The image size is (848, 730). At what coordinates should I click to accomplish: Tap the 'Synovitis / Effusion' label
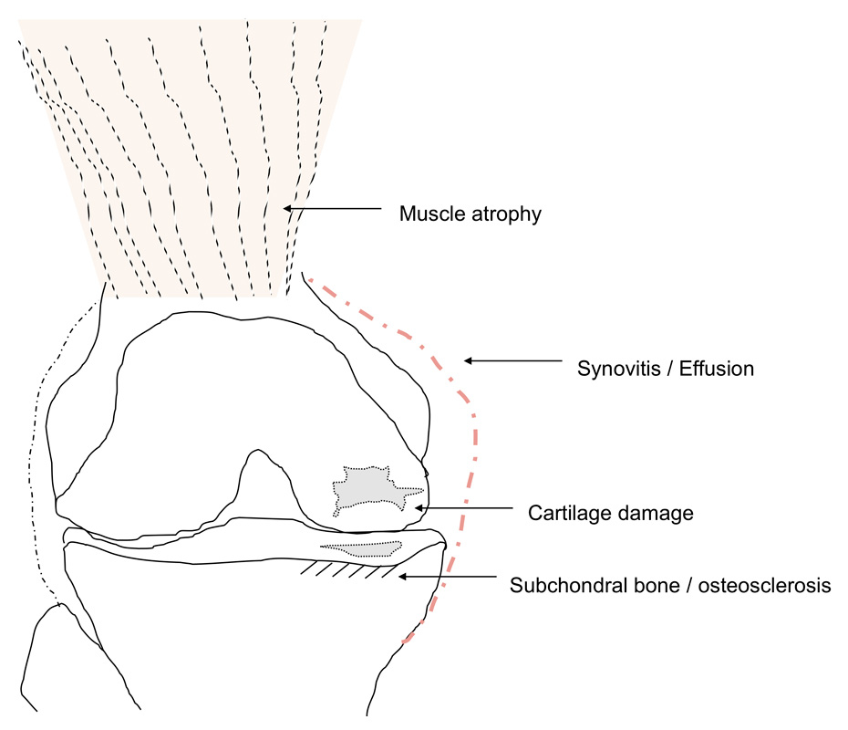coord(667,370)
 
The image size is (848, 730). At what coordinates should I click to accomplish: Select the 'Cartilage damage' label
coord(611,513)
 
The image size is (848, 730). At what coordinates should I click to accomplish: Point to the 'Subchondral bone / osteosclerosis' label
coord(670,585)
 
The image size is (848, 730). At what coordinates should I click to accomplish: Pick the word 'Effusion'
coord(721,370)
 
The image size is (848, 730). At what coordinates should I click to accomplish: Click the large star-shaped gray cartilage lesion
coord(368,487)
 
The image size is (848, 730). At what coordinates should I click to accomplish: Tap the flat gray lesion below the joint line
coord(364,548)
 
